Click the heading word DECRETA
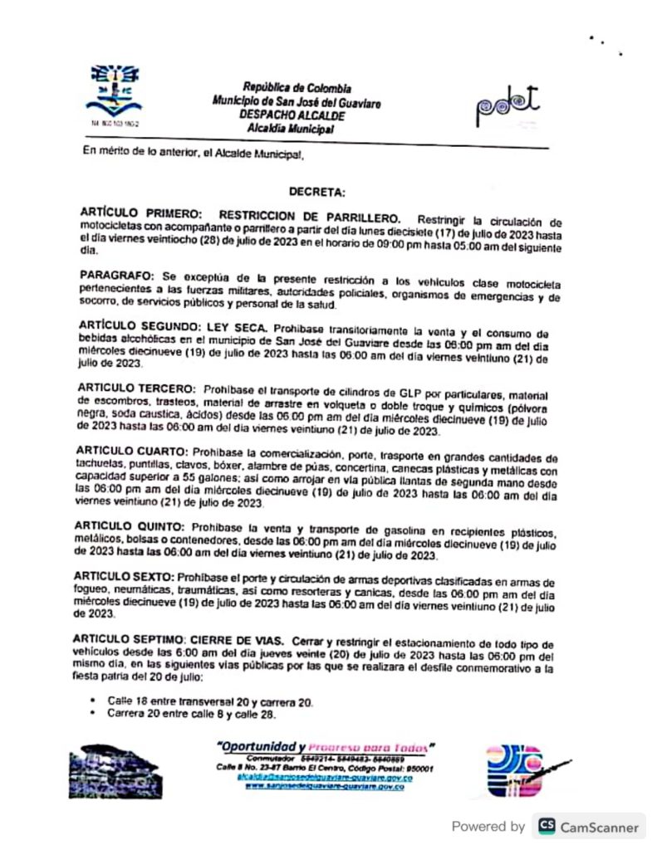[x=316, y=192]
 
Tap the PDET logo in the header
[x=507, y=105]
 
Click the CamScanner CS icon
[x=547, y=826]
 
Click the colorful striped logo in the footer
[x=513, y=769]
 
